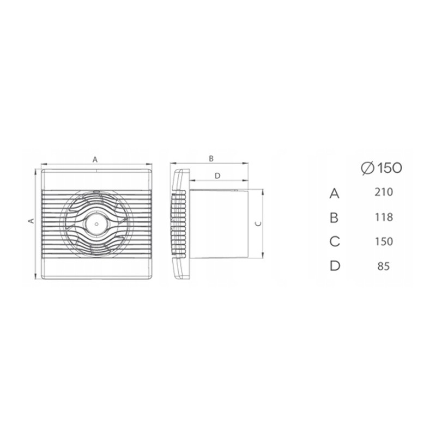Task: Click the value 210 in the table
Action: (x=384, y=192)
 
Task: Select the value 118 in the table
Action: (x=384, y=217)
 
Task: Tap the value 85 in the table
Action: (x=384, y=267)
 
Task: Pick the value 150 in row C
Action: (x=384, y=241)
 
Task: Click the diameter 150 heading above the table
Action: (x=381, y=168)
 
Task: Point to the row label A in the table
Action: (x=335, y=193)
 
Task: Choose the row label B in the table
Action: (x=334, y=217)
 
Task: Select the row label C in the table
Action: (x=335, y=241)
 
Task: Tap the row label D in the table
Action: (x=335, y=266)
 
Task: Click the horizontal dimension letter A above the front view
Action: (x=95, y=160)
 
